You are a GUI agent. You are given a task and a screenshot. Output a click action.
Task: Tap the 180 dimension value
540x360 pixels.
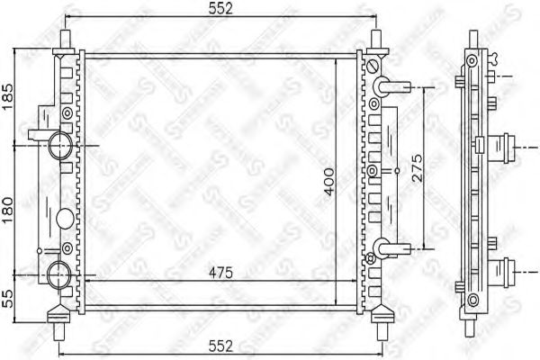click(8, 205)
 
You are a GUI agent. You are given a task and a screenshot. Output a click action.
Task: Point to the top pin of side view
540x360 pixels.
click(471, 41)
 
